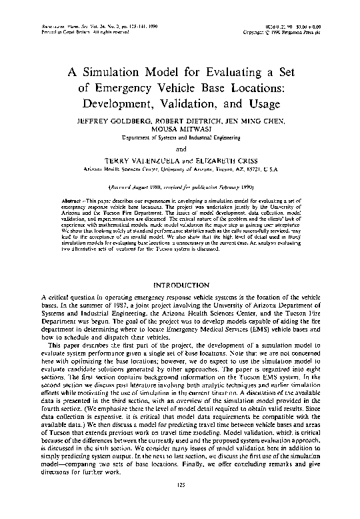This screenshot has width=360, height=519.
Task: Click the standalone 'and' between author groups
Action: (x=180, y=149)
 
